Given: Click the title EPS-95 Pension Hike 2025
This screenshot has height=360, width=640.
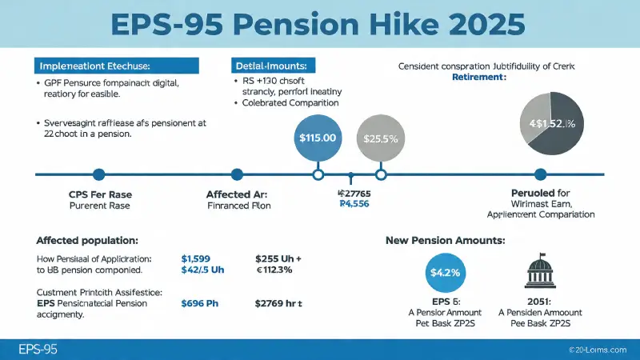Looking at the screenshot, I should click(x=320, y=23).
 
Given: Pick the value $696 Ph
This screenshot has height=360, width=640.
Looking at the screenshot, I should click(x=202, y=303).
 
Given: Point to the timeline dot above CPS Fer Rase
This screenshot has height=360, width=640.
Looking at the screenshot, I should click(x=98, y=174).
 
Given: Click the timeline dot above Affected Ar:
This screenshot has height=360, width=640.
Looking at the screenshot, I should click(x=236, y=174).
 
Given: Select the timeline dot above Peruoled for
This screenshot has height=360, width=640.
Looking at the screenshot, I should click(x=540, y=174).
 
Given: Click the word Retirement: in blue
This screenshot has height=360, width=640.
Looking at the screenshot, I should click(x=479, y=78).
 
